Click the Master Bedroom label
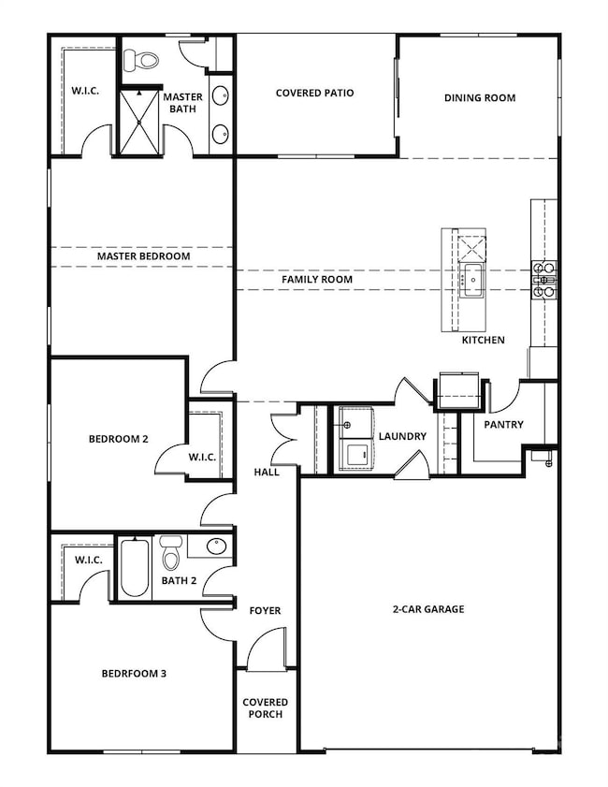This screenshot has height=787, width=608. pyautogui.click(x=143, y=256)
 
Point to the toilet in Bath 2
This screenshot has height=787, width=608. pyautogui.click(x=170, y=554)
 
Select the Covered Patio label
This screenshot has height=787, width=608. pyautogui.click(x=314, y=94)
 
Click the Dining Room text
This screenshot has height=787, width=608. pyautogui.click(x=479, y=97)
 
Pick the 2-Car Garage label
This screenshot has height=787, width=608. pyautogui.click(x=428, y=609)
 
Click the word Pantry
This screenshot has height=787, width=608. pyautogui.click(x=503, y=424)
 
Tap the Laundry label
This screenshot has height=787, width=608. pyautogui.click(x=402, y=436)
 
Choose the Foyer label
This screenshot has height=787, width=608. pyautogui.click(x=265, y=610)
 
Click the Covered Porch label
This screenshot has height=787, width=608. pyautogui.click(x=266, y=707)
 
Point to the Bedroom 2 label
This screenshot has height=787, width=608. pyautogui.click(x=119, y=438)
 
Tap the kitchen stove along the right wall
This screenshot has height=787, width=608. pyautogui.click(x=544, y=279)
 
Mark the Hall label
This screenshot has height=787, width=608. pyautogui.click(x=267, y=473)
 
